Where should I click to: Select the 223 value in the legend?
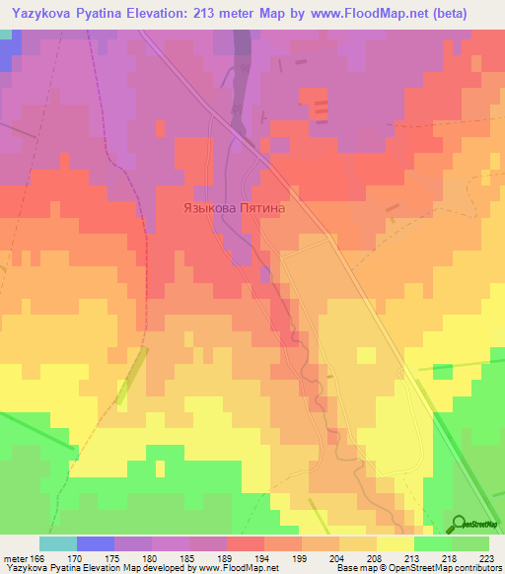[x=485, y=557]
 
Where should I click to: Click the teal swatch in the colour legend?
[x=57, y=543]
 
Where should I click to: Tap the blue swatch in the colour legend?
[x=95, y=543]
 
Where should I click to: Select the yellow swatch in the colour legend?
[x=395, y=543]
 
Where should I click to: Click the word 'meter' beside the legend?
[x=15, y=557]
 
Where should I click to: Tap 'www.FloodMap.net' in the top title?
[x=351, y=12]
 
